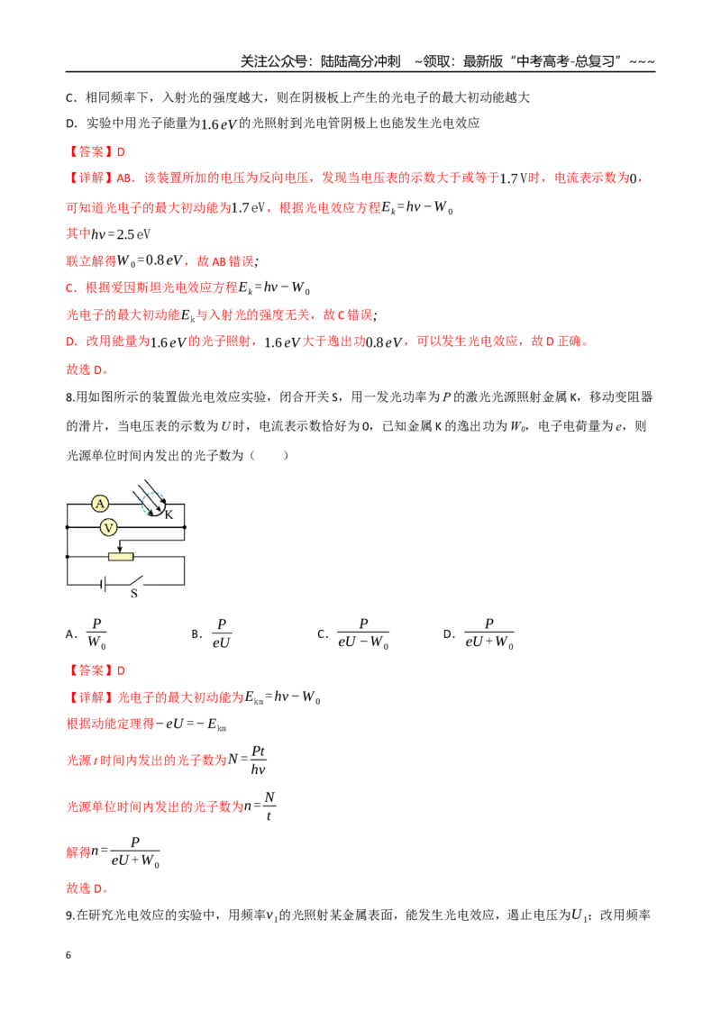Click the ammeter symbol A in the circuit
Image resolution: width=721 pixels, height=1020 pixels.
[99, 504]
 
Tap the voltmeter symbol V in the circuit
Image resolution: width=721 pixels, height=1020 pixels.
[108, 527]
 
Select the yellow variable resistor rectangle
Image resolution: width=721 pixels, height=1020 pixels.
[121, 557]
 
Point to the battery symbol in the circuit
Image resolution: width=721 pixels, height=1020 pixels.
[103, 584]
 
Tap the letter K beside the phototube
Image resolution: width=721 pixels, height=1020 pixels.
[169, 515]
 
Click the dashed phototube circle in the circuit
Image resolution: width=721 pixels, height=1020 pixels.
[153, 504]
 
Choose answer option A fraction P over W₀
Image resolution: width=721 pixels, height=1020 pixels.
[96, 633]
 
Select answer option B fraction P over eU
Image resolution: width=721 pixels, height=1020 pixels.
[221, 633]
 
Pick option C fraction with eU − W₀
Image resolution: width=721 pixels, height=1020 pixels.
[363, 633]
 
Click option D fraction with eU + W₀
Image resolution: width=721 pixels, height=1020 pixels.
[489, 633]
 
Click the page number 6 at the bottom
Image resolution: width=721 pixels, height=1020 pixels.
[68, 955]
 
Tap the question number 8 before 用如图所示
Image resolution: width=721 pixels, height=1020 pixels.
[69, 396]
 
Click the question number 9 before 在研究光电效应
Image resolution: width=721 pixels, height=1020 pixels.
[69, 915]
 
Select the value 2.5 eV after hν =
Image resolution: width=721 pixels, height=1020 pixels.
[133, 234]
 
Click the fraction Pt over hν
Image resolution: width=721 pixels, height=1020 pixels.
[259, 760]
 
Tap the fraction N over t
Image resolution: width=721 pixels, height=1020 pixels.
[269, 806]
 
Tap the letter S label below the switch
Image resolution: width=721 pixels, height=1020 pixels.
[134, 594]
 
